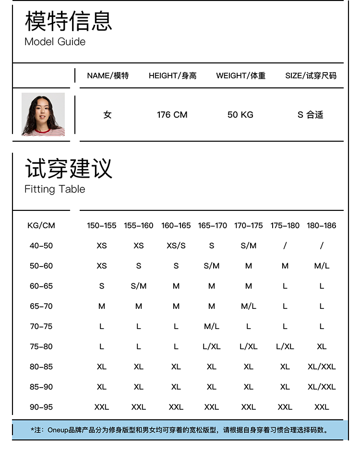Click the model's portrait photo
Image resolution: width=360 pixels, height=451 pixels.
tap(43, 114)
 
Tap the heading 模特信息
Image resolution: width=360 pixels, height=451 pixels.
tap(68, 21)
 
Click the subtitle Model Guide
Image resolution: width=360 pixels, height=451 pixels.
tap(55, 42)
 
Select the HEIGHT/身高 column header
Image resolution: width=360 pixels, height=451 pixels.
tap(172, 75)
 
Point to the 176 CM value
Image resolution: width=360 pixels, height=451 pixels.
tap(172, 115)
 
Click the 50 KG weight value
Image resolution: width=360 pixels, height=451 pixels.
tap(240, 115)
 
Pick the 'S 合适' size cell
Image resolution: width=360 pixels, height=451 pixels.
tap(310, 115)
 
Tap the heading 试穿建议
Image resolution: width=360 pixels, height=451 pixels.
tap(68, 168)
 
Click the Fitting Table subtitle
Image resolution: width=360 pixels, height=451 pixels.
tap(55, 189)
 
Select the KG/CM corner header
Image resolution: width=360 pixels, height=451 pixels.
tap(41, 225)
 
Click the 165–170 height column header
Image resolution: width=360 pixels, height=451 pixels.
tap(212, 225)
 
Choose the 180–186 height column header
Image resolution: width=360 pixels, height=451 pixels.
tap(322, 225)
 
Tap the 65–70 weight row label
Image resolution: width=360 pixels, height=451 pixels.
tap(41, 306)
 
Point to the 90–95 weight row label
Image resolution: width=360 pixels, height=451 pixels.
tap(41, 407)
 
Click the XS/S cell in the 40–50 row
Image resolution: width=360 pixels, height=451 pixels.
tap(176, 245)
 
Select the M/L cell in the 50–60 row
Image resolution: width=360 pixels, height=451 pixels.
tap(322, 266)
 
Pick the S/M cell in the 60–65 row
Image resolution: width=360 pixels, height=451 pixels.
tap(139, 286)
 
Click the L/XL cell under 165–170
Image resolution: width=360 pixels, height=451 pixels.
tap(212, 346)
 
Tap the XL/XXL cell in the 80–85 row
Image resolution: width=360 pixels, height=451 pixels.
tap(322, 366)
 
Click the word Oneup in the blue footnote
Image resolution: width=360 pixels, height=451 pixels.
tap(58, 430)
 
